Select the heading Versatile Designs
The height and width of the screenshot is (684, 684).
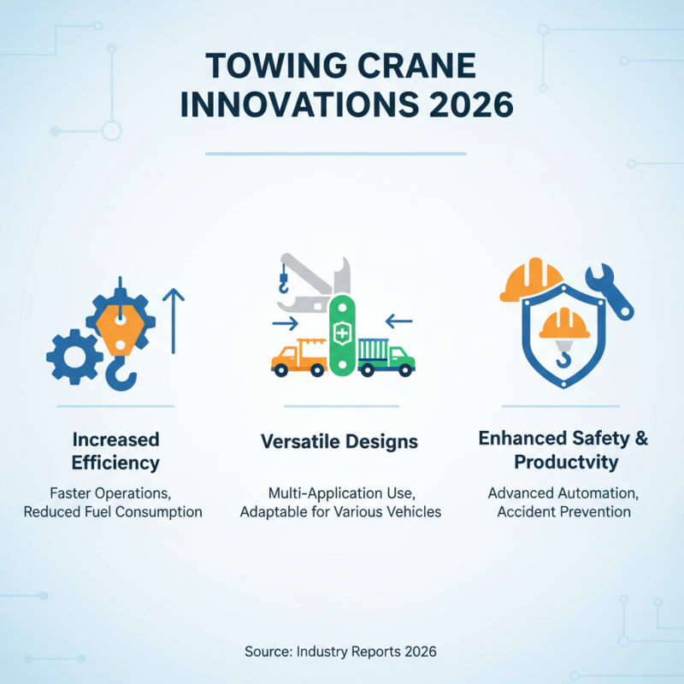coord(339,442)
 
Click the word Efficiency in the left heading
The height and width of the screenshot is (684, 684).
coord(115,463)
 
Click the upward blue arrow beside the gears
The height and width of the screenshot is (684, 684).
coord(174,321)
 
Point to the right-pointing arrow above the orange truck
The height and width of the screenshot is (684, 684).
coord(285,323)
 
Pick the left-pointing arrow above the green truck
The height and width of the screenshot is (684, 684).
coord(398,322)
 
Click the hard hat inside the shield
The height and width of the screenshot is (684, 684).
coord(563,324)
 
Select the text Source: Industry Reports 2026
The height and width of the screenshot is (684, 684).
coord(340,651)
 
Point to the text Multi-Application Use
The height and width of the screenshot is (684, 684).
coord(339,493)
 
